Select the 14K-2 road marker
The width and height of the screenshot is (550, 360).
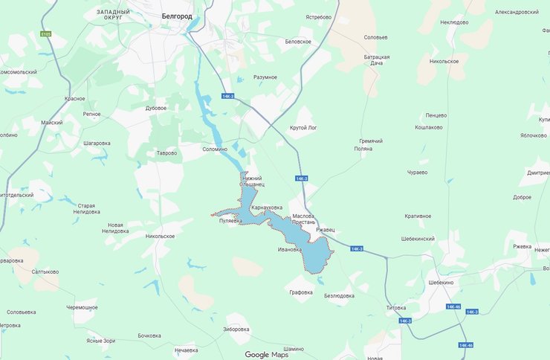click(x=301, y=179)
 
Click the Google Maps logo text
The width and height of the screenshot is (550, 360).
click(x=266, y=354)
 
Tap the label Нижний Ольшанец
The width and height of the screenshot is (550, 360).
click(x=253, y=181)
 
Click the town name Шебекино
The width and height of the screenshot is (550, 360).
click(x=441, y=282)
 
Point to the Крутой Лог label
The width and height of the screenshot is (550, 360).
click(x=304, y=128)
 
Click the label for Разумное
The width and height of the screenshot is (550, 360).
click(x=265, y=77)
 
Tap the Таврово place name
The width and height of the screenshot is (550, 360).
click(x=166, y=153)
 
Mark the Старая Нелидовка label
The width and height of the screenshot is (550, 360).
click(x=87, y=208)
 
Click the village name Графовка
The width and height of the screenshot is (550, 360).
click(x=301, y=292)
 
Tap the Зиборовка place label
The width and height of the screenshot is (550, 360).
click(x=236, y=328)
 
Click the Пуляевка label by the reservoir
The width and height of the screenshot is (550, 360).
click(x=231, y=221)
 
